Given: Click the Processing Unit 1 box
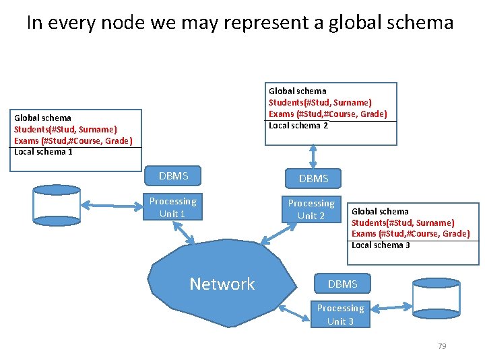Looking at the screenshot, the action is click(172, 208).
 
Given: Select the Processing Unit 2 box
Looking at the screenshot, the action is click(311, 210).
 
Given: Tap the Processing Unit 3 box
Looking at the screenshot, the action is click(340, 315).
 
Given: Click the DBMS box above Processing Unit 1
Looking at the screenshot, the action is click(173, 176).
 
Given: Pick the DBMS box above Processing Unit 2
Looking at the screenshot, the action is click(313, 178).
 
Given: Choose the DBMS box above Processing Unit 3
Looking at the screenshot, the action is click(342, 284).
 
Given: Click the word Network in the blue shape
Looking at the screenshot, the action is click(222, 284).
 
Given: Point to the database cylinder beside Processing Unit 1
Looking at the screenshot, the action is click(57, 205).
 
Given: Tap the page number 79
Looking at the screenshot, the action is click(442, 346).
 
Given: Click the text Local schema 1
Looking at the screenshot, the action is click(43, 151).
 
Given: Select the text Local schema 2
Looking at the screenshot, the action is click(298, 125).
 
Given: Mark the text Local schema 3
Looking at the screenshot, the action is click(381, 245).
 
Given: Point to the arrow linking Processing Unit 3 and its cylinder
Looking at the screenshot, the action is click(390, 307).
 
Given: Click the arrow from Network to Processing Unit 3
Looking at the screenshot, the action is click(292, 311).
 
